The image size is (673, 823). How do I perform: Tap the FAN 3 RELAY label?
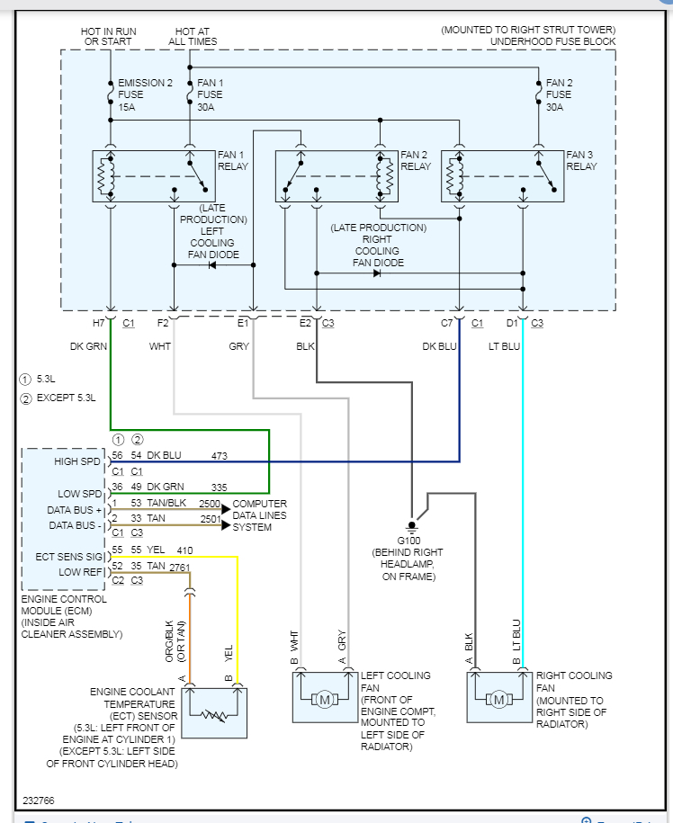coord(581,160)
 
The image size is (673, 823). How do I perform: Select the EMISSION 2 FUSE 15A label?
coord(144,94)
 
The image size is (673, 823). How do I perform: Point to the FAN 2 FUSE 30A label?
coord(558,94)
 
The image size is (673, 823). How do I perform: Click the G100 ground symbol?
coord(412,523)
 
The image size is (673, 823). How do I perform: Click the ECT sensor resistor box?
coord(214,713)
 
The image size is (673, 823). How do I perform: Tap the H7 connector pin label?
coord(99,323)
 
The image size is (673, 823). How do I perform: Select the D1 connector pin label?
coord(512,323)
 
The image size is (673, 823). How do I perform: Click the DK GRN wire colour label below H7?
coord(89,346)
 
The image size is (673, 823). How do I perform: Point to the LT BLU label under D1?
coord(505,346)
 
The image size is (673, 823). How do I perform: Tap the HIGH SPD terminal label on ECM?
coord(77,461)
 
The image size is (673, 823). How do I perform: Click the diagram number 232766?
coord(38,799)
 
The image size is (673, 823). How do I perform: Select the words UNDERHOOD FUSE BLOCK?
coord(553,41)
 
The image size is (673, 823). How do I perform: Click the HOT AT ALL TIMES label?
coord(191,36)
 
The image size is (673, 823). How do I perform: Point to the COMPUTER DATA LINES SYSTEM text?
coord(260,515)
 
